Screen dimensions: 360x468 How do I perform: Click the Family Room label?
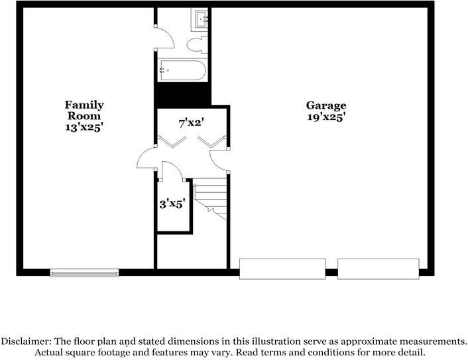84,110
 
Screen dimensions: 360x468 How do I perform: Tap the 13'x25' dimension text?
84,127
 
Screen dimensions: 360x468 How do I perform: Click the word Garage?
325,105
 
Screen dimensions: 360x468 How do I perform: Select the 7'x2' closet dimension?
191,123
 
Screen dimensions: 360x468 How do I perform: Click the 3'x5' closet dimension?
172,204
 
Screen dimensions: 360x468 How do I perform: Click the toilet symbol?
196,44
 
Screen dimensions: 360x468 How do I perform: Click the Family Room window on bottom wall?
84,272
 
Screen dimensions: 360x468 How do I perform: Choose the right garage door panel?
378,268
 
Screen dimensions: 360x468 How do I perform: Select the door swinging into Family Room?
146,159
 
